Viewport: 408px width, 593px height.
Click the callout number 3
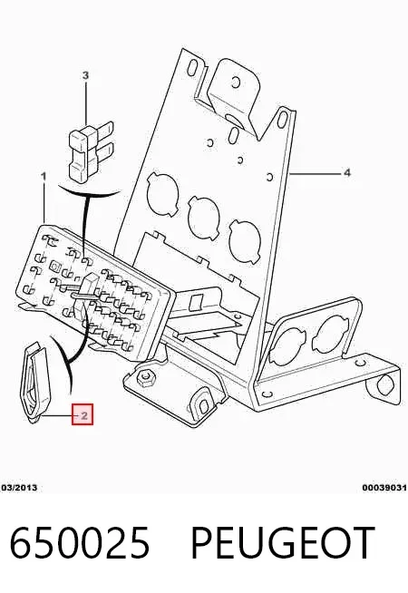click(85, 75)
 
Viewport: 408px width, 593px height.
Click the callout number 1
click(44, 176)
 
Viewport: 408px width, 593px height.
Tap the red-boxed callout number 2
click(83, 414)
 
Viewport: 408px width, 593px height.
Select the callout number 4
click(346, 173)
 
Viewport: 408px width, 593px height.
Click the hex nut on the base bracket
click(145, 377)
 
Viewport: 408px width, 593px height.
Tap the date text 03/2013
click(20, 488)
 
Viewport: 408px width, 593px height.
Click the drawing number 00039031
click(384, 488)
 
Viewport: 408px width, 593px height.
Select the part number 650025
click(80, 542)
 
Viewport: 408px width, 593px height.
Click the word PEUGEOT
click(283, 542)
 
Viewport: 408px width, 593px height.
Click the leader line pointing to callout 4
click(315, 173)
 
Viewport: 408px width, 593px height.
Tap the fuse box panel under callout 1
click(95, 288)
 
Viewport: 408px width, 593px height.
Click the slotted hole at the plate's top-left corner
click(192, 67)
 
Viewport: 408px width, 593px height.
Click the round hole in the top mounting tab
click(235, 82)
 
